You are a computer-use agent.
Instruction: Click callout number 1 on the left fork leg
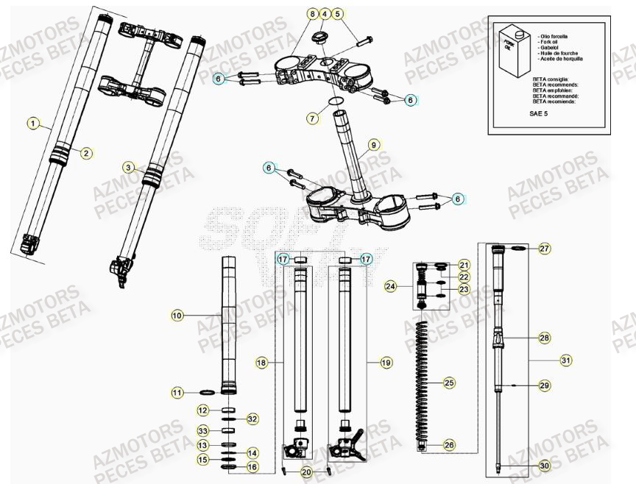point(33,123)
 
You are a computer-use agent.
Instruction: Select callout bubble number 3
point(128,168)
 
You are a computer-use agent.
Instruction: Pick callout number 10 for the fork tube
point(177,316)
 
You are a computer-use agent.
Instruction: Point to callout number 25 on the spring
point(448,382)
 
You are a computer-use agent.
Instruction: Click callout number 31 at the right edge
point(565,360)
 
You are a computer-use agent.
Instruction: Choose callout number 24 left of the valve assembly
point(391,286)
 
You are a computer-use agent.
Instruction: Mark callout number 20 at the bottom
point(307,471)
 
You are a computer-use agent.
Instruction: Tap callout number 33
point(203,430)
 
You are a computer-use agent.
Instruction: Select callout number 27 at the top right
point(544,249)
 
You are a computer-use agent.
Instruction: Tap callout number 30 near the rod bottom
point(544,466)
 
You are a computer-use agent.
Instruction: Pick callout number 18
point(261,363)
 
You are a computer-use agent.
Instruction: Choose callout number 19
point(386,363)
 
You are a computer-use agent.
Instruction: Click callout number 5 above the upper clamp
point(337,14)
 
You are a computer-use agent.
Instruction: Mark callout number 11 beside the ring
point(177,393)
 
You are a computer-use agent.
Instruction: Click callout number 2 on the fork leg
point(86,153)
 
